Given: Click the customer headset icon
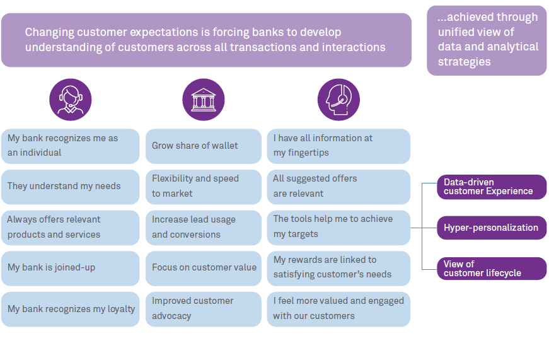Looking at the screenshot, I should click(71, 100).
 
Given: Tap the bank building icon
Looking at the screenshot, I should click(203, 100).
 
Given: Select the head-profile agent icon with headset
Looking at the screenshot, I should click(338, 100).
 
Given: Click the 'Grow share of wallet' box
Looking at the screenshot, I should click(203, 146).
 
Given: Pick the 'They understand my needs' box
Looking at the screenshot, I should click(70, 187).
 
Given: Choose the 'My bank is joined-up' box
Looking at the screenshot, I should click(70, 268).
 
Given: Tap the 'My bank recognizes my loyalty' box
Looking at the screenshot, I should click(70, 309).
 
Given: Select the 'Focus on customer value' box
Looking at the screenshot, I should click(203, 268).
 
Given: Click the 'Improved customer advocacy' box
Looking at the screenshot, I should click(203, 309).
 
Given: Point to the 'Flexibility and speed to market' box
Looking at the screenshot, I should click(203, 187).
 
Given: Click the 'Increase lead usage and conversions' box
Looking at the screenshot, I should click(203, 228).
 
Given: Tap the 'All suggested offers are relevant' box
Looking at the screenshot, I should click(338, 187).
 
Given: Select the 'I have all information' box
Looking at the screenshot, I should click(338, 146).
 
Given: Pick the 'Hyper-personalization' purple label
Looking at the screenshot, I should click(491, 228).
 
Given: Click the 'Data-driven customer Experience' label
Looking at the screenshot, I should click(491, 187).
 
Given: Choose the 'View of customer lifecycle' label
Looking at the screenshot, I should click(491, 269).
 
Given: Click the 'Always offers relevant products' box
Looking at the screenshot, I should click(70, 228).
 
